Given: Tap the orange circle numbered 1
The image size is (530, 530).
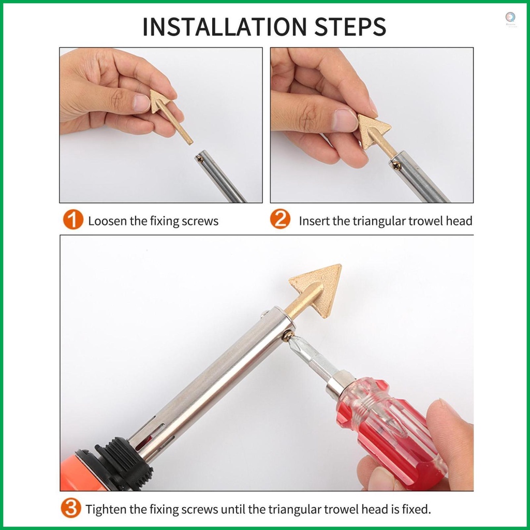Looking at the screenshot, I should (73, 220).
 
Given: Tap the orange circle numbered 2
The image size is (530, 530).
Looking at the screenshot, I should (280, 219).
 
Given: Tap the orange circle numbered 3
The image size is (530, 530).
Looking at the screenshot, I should (71, 508).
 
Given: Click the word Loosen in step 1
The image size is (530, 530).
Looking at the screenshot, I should (108, 221).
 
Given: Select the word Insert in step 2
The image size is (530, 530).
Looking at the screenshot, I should (314, 221).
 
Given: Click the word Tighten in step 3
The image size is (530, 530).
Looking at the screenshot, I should (106, 509).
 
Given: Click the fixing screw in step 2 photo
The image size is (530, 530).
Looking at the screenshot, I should (396, 166).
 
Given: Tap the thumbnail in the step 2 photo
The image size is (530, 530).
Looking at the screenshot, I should (344, 120).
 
